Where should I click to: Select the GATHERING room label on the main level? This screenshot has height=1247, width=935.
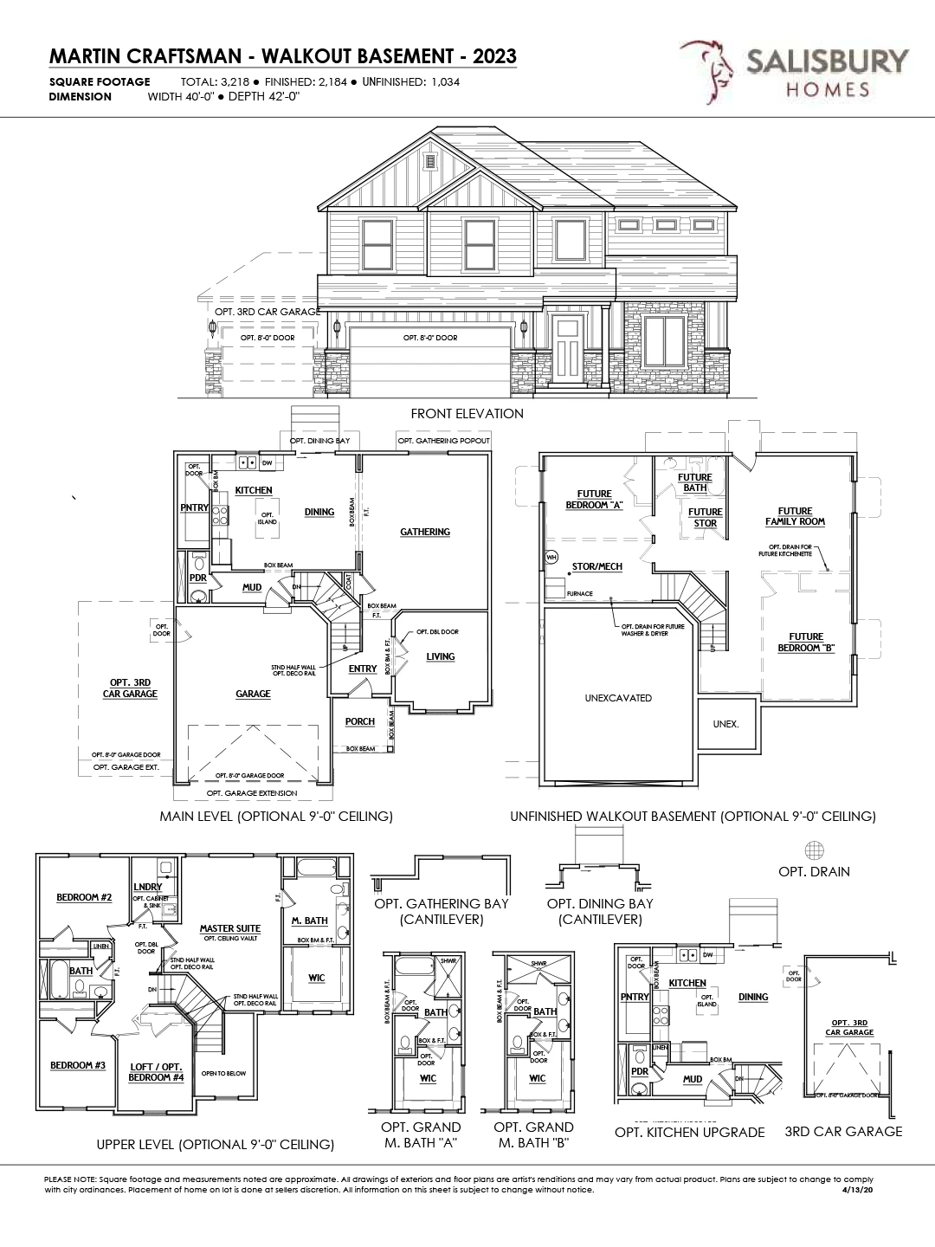(425, 532)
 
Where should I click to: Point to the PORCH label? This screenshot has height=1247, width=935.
(360, 721)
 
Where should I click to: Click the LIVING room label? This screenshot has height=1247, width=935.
(440, 656)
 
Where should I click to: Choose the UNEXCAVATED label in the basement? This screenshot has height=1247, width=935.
(618, 698)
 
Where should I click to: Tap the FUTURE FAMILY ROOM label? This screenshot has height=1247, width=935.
(795, 517)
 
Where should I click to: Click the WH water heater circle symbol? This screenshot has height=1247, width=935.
(551, 557)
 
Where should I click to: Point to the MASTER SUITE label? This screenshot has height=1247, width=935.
(229, 928)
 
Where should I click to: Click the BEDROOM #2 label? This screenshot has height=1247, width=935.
(84, 897)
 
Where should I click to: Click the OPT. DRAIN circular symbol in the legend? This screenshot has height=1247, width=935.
(814, 850)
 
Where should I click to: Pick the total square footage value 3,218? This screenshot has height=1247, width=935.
(227, 82)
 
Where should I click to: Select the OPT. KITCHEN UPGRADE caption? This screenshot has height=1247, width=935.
(689, 1133)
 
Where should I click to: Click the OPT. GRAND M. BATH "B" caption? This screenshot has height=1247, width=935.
(533, 1134)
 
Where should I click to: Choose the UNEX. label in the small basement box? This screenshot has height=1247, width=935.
(725, 724)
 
